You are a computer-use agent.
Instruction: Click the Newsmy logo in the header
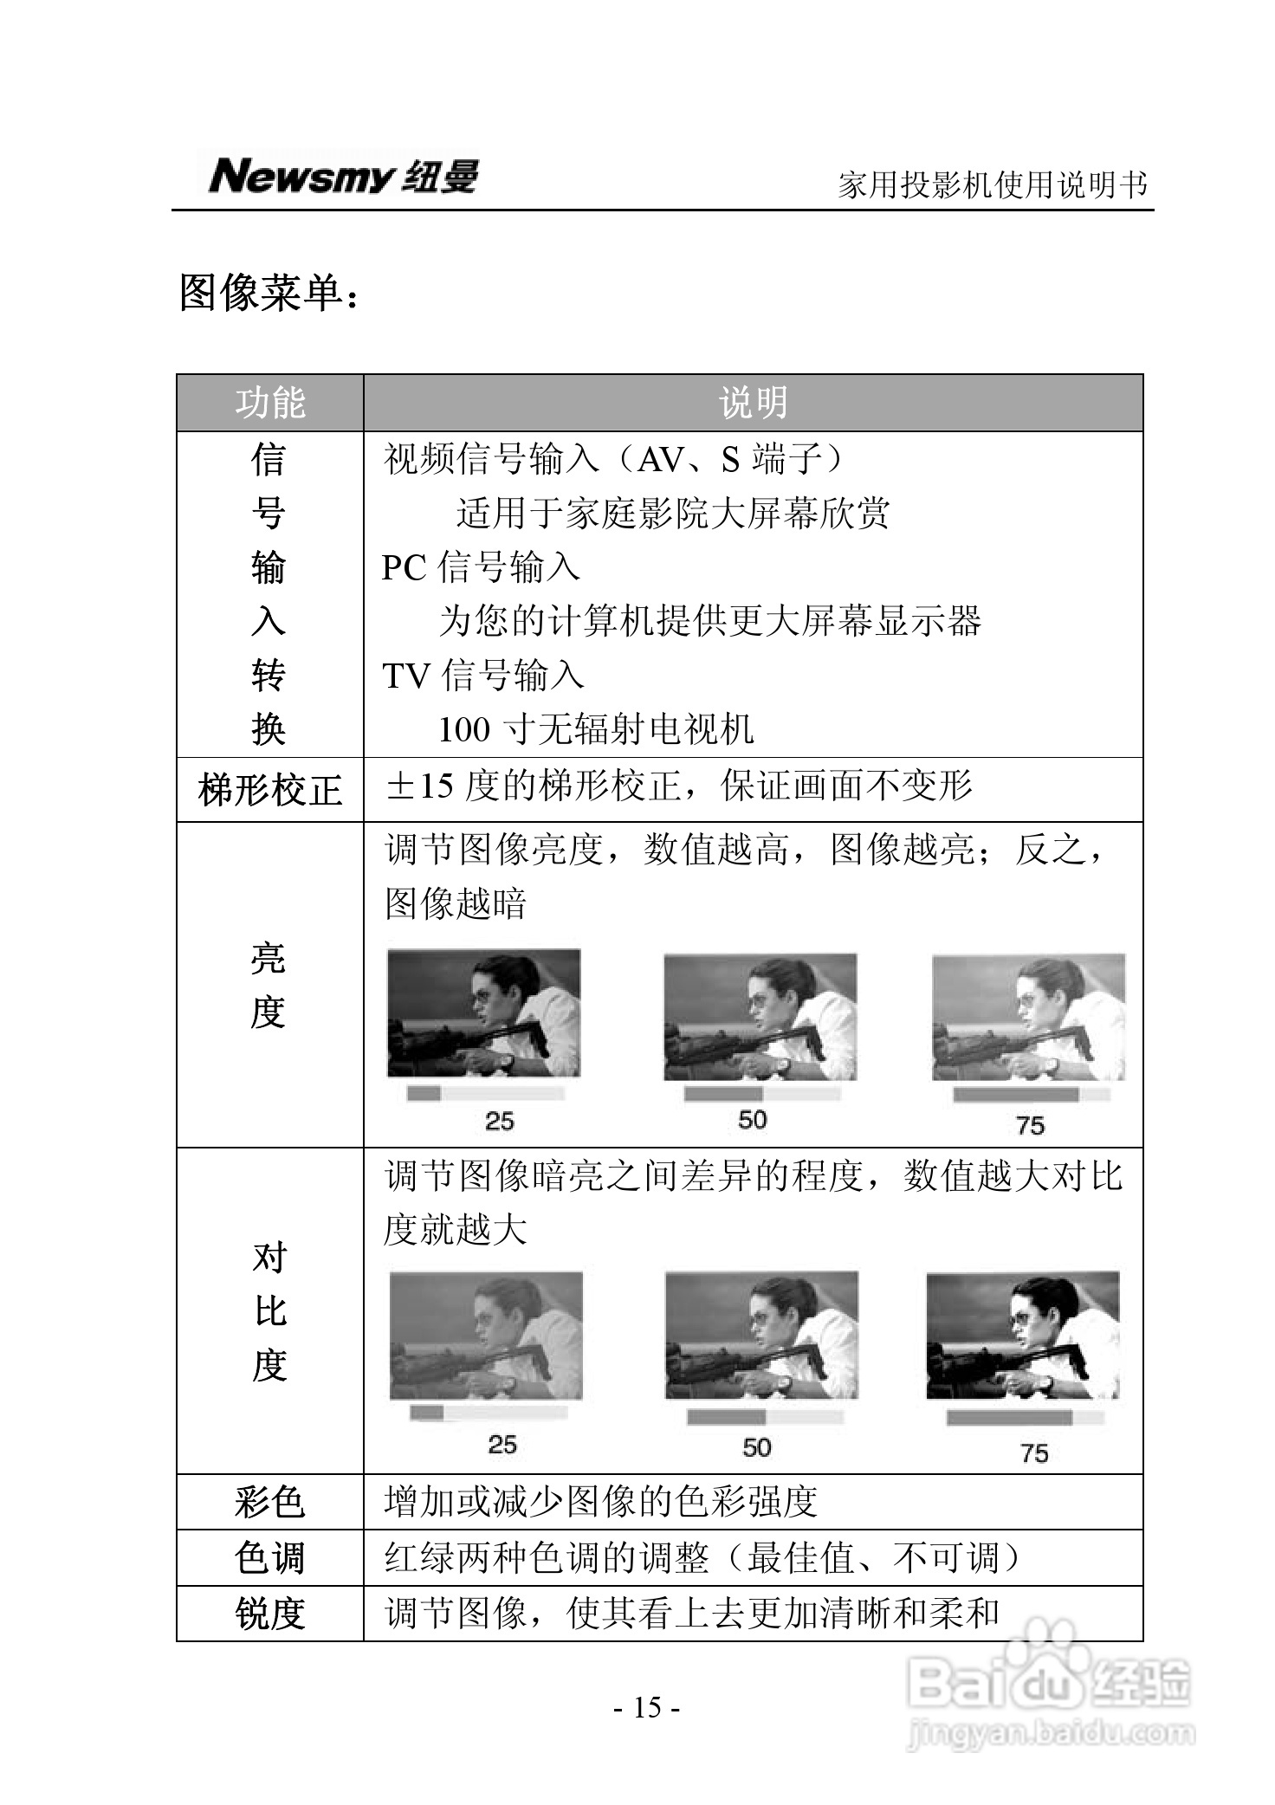click(342, 177)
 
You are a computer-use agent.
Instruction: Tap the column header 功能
click(270, 403)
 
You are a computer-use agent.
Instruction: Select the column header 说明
click(753, 403)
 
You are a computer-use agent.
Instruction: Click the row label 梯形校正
click(270, 790)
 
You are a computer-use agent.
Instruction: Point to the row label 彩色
click(270, 1501)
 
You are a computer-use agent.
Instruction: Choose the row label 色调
click(270, 1558)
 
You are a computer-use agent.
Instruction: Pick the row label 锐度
click(270, 1614)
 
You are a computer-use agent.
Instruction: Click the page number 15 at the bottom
click(647, 1707)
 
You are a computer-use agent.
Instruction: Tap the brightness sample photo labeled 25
click(483, 1013)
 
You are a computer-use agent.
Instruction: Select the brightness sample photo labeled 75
click(1028, 1018)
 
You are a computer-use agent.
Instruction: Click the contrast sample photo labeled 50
click(761, 1335)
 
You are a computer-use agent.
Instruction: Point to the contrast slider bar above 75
click(1025, 1418)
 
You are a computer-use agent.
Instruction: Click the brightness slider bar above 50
click(762, 1094)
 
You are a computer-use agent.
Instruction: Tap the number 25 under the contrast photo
click(502, 1444)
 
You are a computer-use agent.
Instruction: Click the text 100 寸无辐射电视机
click(596, 729)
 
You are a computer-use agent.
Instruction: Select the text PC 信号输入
click(481, 567)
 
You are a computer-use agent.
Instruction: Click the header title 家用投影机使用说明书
click(993, 184)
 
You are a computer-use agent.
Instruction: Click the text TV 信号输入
click(483, 676)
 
